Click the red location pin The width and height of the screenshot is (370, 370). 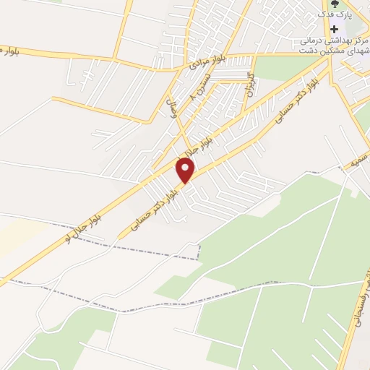pyautogui.click(x=186, y=171)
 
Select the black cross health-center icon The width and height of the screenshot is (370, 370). pyautogui.click(x=334, y=30)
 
